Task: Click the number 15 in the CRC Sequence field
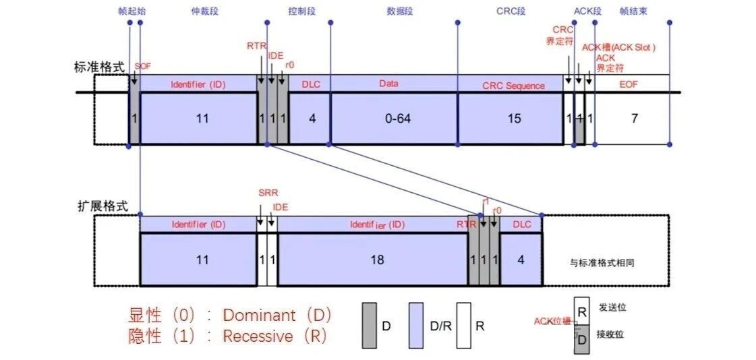pyautogui.click(x=514, y=118)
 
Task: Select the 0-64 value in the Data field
pyautogui.click(x=395, y=118)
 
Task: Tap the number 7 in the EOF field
pyautogui.click(x=634, y=118)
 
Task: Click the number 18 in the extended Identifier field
pyautogui.click(x=377, y=260)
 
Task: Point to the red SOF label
pyautogui.click(x=143, y=66)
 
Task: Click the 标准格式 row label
pyautogui.click(x=100, y=67)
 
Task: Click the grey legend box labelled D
pyautogui.click(x=369, y=325)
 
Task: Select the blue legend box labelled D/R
pyautogui.click(x=416, y=325)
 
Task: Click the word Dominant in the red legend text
pyautogui.click(x=259, y=315)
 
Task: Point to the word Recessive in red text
pyautogui.click(x=258, y=336)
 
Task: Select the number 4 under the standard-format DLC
pyautogui.click(x=312, y=118)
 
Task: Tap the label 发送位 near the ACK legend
pyautogui.click(x=612, y=307)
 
